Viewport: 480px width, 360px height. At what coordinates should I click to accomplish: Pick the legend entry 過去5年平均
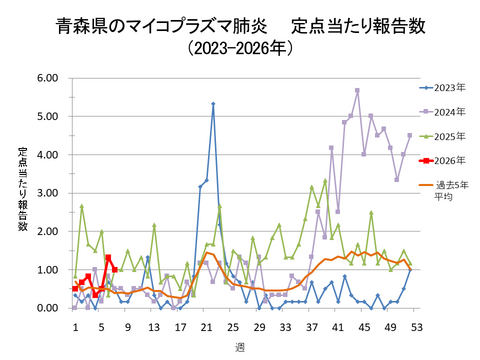click(x=449, y=191)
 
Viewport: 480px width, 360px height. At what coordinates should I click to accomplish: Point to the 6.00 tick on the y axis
click(x=47, y=77)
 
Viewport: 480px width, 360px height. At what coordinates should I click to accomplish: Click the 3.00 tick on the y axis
click(x=47, y=193)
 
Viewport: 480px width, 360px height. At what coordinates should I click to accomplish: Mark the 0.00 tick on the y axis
click(x=47, y=308)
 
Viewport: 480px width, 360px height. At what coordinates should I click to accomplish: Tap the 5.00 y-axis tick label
click(x=47, y=116)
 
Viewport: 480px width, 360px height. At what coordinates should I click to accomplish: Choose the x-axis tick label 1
click(x=75, y=325)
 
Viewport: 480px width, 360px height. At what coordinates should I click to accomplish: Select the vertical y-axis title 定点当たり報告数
click(x=22, y=190)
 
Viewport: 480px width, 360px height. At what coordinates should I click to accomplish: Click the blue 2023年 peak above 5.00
click(x=213, y=104)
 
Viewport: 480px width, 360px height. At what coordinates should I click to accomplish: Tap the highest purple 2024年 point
click(x=357, y=90)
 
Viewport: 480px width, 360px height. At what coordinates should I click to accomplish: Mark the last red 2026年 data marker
click(x=114, y=269)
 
